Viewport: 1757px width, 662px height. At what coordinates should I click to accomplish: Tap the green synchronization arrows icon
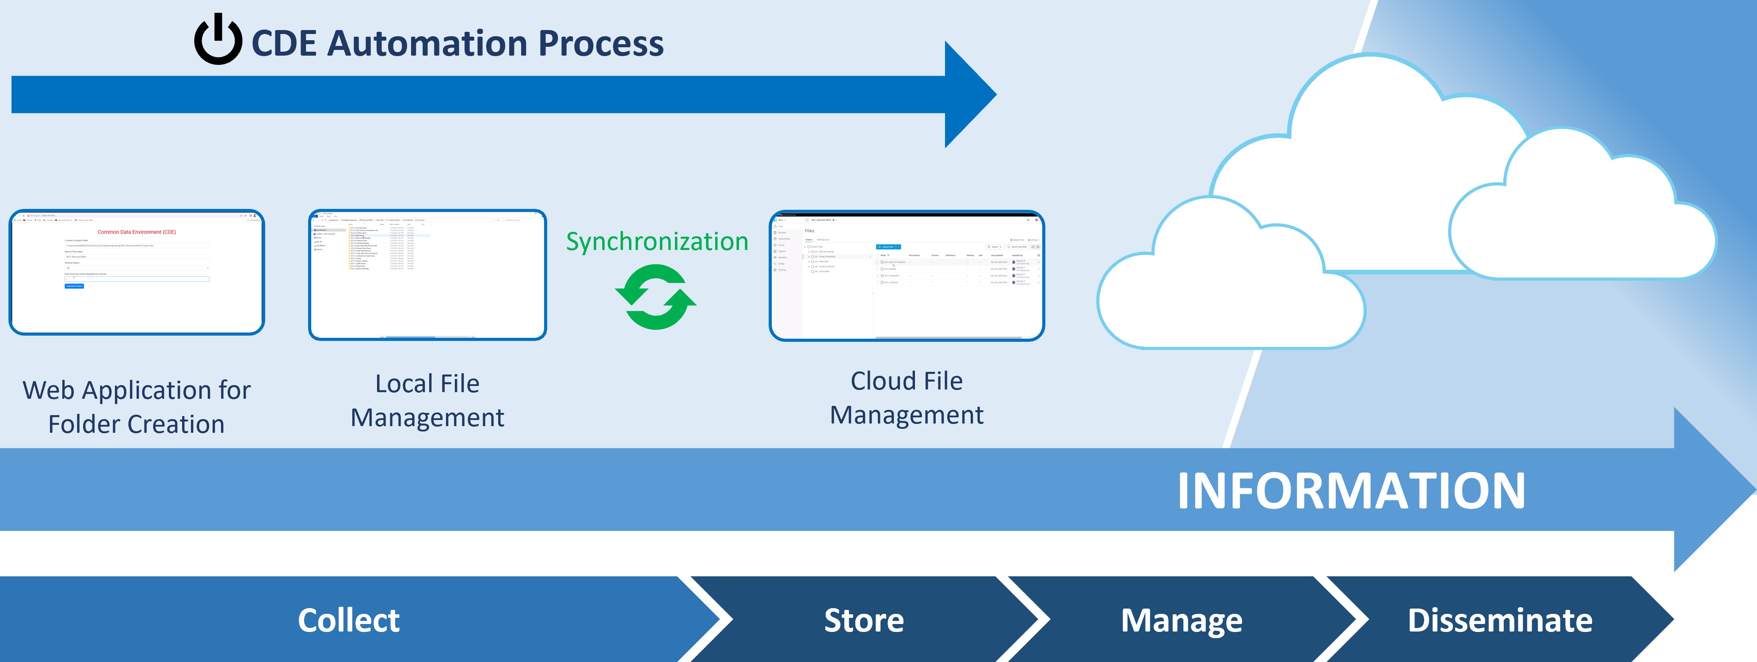pyautogui.click(x=656, y=297)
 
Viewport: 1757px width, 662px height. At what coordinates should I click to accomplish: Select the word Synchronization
pyautogui.click(x=657, y=241)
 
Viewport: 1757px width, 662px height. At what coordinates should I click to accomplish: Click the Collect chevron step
pyautogui.click(x=349, y=620)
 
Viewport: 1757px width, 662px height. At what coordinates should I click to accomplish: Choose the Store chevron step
pyautogui.click(x=864, y=620)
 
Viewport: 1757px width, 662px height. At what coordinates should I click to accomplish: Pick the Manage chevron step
pyautogui.click(x=1181, y=620)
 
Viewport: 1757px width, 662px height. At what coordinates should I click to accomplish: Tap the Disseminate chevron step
pyautogui.click(x=1500, y=620)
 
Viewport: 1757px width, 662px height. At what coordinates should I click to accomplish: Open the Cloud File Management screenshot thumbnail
pyautogui.click(x=907, y=276)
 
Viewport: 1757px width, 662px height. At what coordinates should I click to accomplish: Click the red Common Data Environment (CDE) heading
pyautogui.click(x=137, y=232)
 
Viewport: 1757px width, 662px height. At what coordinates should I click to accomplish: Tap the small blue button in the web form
pyautogui.click(x=74, y=286)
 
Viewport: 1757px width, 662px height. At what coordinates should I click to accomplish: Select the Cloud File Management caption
pyautogui.click(x=907, y=397)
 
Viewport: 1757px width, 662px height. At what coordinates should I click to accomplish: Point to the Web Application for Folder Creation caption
pyautogui.click(x=137, y=407)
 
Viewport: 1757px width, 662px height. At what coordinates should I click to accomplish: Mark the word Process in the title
pyautogui.click(x=600, y=44)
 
